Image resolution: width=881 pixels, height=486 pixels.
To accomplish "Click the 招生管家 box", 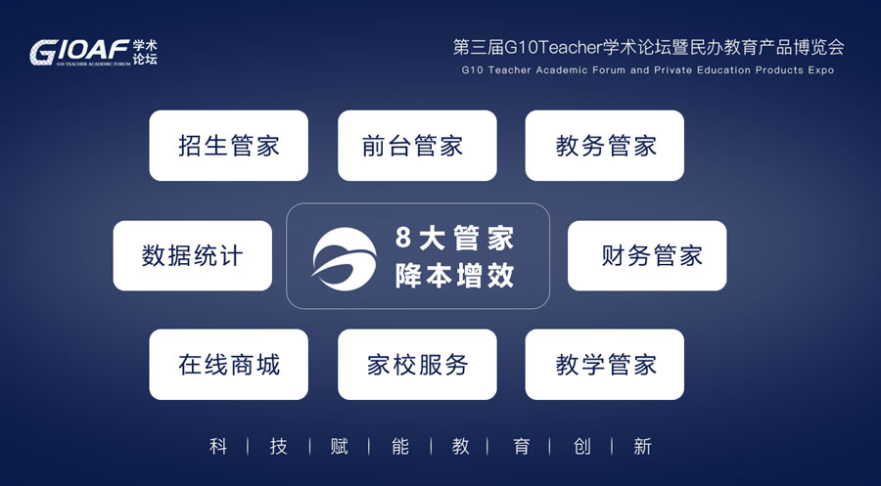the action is click(x=229, y=146).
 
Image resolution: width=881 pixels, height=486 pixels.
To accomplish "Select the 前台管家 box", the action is click(x=417, y=146).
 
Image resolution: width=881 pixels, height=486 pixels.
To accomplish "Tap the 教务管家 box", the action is click(x=605, y=146).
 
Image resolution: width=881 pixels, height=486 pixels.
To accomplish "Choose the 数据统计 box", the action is click(x=192, y=255).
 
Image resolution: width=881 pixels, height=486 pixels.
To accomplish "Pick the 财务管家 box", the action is click(x=647, y=255).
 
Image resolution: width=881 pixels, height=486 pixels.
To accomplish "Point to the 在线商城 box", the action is click(x=229, y=364).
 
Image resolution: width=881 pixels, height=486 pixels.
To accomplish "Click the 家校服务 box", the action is click(x=417, y=364).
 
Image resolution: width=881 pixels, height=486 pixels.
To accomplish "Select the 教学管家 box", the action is click(x=605, y=364).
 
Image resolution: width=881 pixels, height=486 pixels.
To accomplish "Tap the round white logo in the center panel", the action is click(x=345, y=259).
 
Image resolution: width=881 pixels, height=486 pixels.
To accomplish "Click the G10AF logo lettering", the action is click(x=80, y=51).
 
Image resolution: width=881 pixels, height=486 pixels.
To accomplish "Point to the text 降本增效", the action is click(x=454, y=275).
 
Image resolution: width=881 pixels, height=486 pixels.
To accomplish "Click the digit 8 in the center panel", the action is click(x=403, y=237).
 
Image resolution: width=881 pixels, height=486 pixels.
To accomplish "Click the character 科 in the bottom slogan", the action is click(x=218, y=447).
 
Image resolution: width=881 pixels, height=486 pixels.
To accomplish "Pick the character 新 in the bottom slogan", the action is click(x=642, y=447).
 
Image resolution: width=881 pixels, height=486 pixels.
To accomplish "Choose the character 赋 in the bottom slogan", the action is click(x=340, y=447).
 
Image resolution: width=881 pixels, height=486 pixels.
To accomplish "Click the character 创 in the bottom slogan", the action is click(x=581, y=447).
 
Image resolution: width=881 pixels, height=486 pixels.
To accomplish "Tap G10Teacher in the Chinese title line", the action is click(x=553, y=48).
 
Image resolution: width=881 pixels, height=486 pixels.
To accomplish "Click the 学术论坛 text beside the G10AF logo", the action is click(x=145, y=52).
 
